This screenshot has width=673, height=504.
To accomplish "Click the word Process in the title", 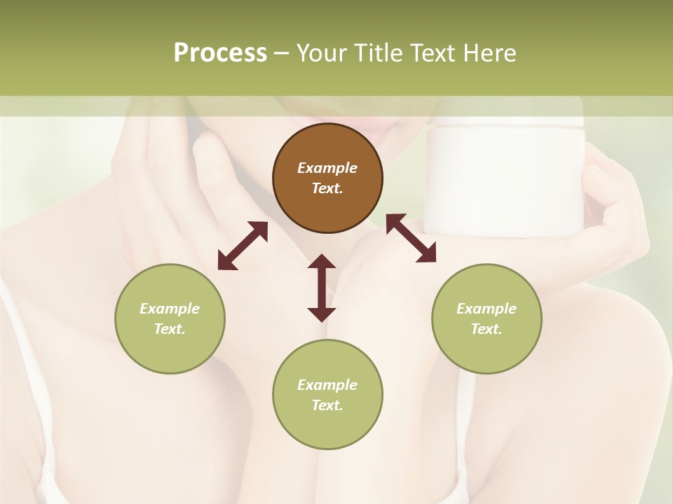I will [x=220, y=53].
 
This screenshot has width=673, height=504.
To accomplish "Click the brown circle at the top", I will [x=327, y=178].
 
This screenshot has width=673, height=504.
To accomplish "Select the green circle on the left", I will [x=170, y=318].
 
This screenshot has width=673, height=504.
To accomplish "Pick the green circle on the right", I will [x=487, y=318].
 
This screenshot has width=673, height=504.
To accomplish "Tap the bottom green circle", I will [x=327, y=395].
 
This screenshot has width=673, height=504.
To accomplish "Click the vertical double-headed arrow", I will [x=322, y=288].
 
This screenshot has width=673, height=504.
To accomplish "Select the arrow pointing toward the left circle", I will [x=243, y=246].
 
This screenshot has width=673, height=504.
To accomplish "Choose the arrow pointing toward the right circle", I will [x=411, y=238].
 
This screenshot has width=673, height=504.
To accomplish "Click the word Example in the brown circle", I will [x=327, y=168].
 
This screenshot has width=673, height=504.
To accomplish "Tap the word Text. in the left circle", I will [x=170, y=329].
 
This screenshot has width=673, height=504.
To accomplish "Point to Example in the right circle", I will [x=487, y=309].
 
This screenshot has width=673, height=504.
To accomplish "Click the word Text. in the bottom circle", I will [x=327, y=405].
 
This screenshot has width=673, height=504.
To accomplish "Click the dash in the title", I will [x=282, y=53].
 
